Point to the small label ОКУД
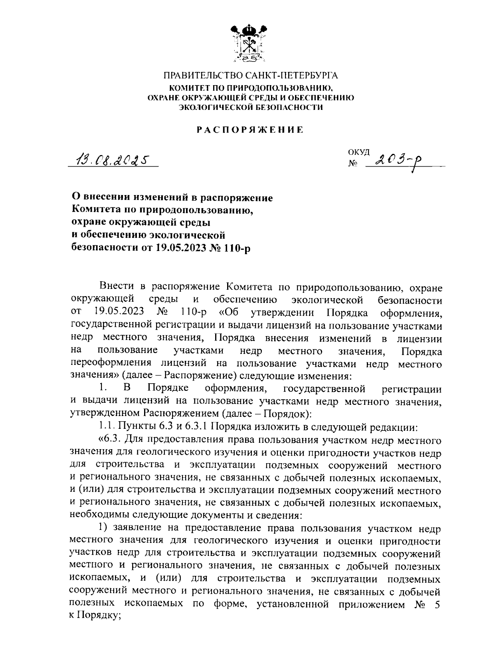click(358, 152)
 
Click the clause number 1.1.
click(107, 427)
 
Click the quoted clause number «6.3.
click(109, 440)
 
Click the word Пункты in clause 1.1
click(134, 427)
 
